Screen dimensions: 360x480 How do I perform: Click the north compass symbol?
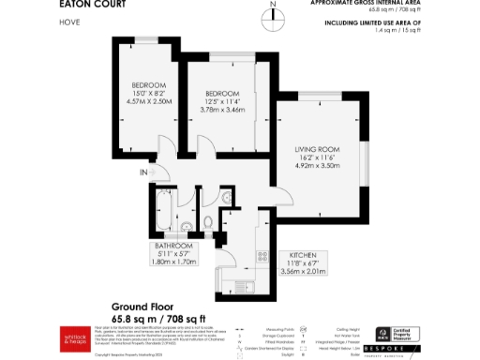point(272,11)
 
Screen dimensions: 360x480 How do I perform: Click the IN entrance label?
point(143,172)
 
